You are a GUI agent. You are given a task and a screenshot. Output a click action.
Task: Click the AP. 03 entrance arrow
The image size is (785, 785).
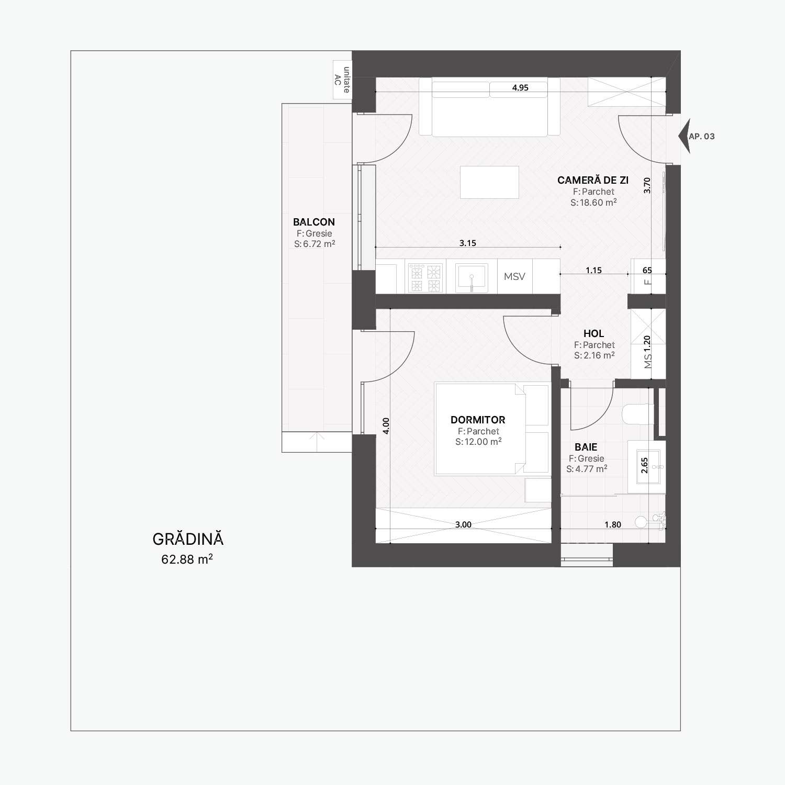[x=684, y=136]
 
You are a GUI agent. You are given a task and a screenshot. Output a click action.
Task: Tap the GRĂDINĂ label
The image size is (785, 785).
[x=188, y=539]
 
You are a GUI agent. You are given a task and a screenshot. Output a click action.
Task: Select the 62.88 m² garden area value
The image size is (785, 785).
[x=187, y=559]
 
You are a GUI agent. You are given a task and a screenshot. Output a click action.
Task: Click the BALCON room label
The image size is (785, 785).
[x=314, y=222]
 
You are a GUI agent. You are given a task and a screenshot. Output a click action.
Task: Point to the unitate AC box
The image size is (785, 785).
[x=342, y=80]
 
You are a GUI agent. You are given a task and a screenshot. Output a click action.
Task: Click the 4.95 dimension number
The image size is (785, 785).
[x=520, y=88]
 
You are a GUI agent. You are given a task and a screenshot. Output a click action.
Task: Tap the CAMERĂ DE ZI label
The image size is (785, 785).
[x=593, y=181]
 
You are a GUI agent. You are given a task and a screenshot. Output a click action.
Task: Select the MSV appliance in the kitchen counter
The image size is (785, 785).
[x=514, y=276]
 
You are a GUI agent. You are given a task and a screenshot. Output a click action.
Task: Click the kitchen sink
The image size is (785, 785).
[x=472, y=277]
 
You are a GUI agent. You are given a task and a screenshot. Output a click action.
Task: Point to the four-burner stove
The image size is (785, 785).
[x=424, y=277]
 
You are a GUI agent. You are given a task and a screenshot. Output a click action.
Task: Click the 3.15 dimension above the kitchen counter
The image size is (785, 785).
[x=467, y=243]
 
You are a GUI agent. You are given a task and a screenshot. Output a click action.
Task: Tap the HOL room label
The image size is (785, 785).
[x=594, y=333]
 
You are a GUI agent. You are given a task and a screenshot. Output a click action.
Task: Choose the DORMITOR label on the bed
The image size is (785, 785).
[x=478, y=420]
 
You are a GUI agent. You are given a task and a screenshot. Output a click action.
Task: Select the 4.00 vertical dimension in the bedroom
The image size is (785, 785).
[x=386, y=426]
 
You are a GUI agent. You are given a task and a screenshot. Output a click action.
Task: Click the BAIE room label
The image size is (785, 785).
[x=586, y=447]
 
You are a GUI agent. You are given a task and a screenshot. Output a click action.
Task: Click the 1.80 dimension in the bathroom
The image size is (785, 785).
[x=613, y=524]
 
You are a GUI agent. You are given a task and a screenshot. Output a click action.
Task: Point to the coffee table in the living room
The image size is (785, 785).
[x=489, y=182]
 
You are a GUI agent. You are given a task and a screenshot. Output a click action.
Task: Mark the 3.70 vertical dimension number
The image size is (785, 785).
[x=647, y=186]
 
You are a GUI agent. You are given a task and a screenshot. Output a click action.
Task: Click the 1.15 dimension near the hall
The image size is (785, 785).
[x=594, y=271]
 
